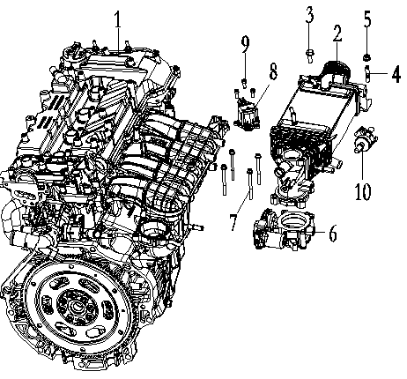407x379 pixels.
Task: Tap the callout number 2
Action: pos(337,35)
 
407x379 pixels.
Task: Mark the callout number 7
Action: pos(233,219)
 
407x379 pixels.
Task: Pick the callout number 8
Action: pos(274,69)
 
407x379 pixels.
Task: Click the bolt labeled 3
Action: pos(310,56)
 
